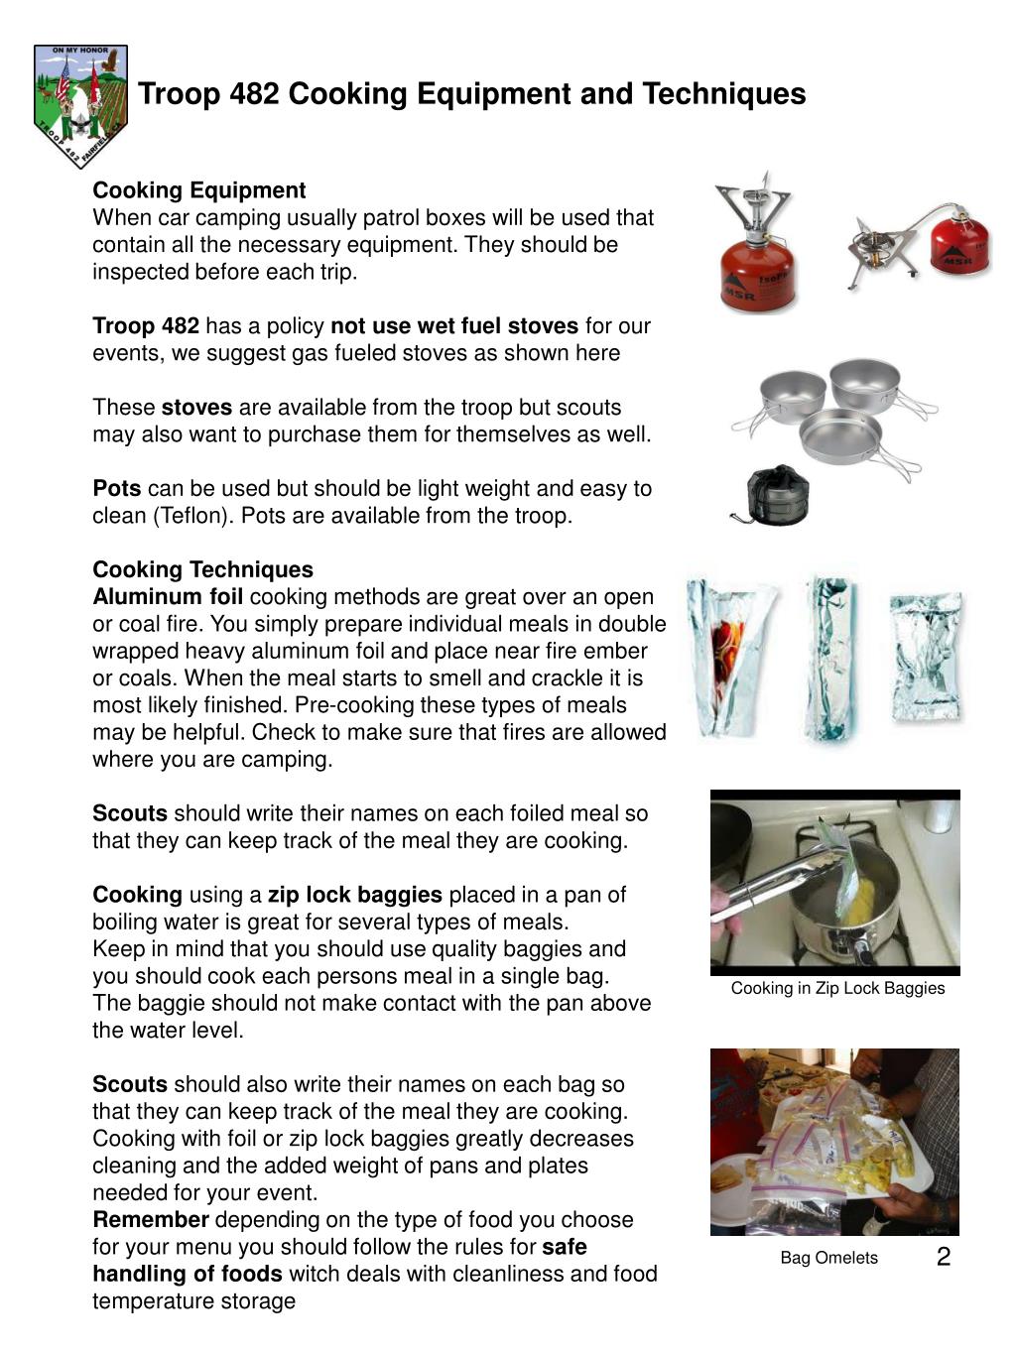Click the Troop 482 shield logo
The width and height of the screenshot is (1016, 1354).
tap(80, 104)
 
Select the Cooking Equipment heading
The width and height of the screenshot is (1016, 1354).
tap(199, 190)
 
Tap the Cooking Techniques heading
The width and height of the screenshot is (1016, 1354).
tap(202, 569)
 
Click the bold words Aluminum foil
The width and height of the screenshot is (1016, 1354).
tap(168, 597)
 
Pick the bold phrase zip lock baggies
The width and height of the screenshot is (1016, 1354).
tap(355, 895)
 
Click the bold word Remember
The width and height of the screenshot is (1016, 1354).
tap(151, 1220)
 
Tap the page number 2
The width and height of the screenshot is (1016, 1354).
tap(943, 1258)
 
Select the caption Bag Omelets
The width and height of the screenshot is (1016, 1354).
tap(828, 1258)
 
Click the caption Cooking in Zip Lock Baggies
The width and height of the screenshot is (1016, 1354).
tap(837, 988)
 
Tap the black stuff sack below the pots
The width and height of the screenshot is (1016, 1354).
tap(775, 494)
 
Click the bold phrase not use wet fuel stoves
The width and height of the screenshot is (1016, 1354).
tap(454, 326)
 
